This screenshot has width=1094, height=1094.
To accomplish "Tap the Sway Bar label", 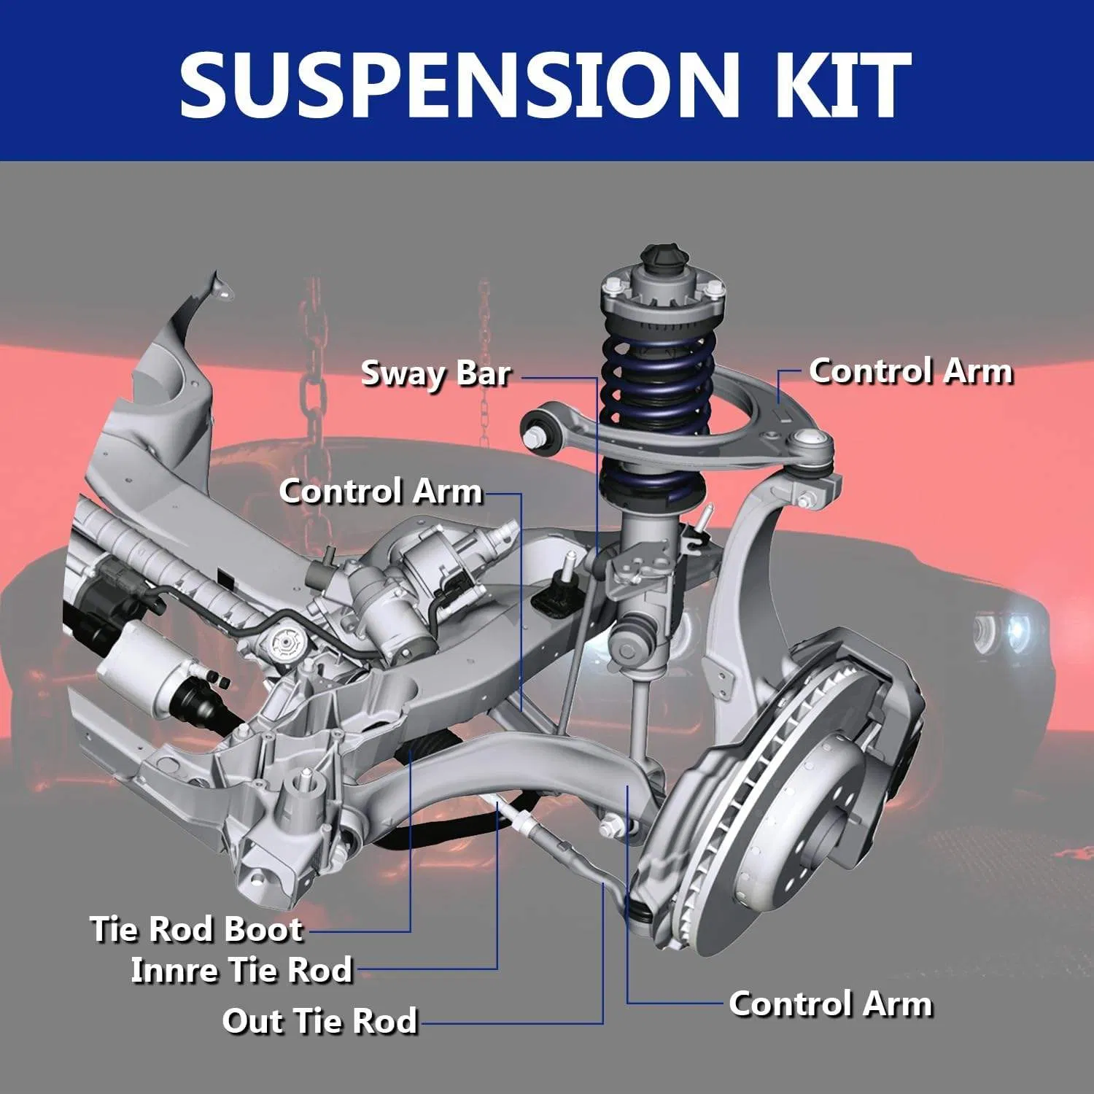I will pyautogui.click(x=435, y=373).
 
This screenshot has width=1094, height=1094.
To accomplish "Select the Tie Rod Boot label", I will pyautogui.click(x=195, y=929).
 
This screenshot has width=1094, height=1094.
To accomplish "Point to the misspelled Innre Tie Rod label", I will pyautogui.click(x=241, y=971).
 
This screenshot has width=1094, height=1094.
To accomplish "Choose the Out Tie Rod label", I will pyautogui.click(x=319, y=1021).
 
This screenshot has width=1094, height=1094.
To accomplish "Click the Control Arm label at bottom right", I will pyautogui.click(x=831, y=1004).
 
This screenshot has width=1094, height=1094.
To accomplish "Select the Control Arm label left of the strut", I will pyautogui.click(x=381, y=491).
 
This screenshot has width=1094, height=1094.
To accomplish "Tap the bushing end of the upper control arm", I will pyautogui.click(x=540, y=427).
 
